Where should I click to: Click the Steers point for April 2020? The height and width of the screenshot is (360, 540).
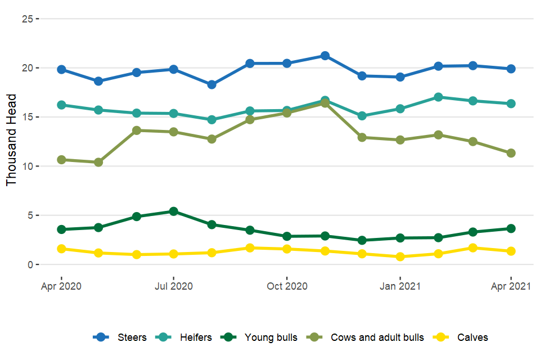(x=61, y=69)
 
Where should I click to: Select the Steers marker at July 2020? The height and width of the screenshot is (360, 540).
(x=173, y=69)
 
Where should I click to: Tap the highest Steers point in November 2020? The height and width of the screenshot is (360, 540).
(x=325, y=56)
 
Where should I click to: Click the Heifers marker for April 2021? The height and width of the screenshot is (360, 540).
(x=511, y=103)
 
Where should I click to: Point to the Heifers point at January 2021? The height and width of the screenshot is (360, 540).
(x=400, y=109)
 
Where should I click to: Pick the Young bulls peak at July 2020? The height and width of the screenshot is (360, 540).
(x=173, y=211)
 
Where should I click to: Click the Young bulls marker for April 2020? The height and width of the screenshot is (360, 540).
(x=61, y=229)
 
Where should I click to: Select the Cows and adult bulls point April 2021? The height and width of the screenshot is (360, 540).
(x=511, y=153)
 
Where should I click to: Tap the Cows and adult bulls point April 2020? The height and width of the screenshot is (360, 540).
(x=61, y=160)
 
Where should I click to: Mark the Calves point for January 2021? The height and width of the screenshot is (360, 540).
(x=400, y=256)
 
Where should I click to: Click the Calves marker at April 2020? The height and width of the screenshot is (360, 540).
(x=61, y=249)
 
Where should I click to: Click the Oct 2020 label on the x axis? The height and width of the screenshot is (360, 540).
(x=287, y=286)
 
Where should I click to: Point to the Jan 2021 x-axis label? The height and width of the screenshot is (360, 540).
(x=400, y=286)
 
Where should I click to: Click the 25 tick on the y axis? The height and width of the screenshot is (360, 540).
(x=26, y=19)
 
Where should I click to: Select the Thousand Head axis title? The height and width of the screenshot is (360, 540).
(x=12, y=140)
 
